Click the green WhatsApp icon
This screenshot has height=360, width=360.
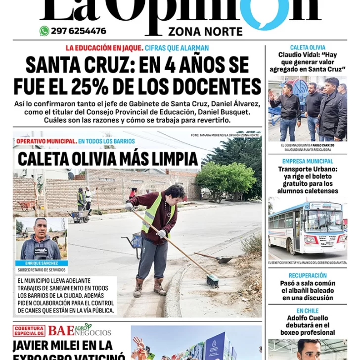pyautogui.click(x=45, y=31)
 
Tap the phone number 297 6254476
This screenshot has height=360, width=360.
pyautogui.click(x=79, y=31)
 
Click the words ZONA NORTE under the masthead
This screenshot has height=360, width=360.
pyautogui.click(x=205, y=32)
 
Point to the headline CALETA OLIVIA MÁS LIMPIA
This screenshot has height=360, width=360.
pyautogui.click(x=108, y=159)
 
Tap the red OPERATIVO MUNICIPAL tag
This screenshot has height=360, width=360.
pyautogui.click(x=46, y=141)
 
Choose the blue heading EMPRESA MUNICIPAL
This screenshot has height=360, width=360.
pyautogui.click(x=308, y=161)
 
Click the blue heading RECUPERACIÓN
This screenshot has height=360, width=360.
pyautogui.click(x=308, y=275)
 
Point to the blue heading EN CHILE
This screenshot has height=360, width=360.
pyautogui.click(x=308, y=311)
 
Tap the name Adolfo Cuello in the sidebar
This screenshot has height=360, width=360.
pyautogui.click(x=308, y=318)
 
